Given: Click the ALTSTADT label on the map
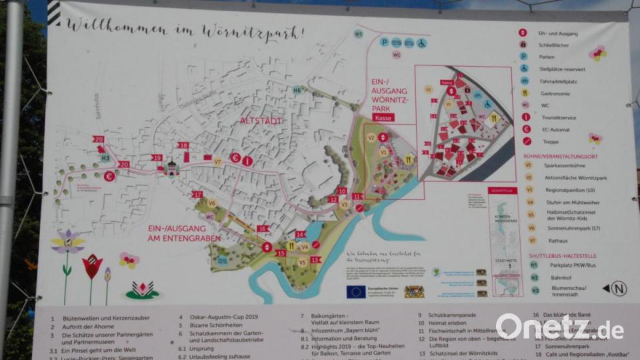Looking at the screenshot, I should (261, 121).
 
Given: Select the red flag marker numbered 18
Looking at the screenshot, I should (183, 145).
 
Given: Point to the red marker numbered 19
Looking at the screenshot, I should (157, 158).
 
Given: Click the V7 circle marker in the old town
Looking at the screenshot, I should (217, 161).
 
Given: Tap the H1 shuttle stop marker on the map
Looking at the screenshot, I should (359, 33).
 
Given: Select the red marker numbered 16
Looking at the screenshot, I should (263, 229).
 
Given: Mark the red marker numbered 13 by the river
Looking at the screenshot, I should (315, 260).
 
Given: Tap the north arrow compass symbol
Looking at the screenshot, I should (618, 289).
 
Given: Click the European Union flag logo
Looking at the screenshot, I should (356, 291).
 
